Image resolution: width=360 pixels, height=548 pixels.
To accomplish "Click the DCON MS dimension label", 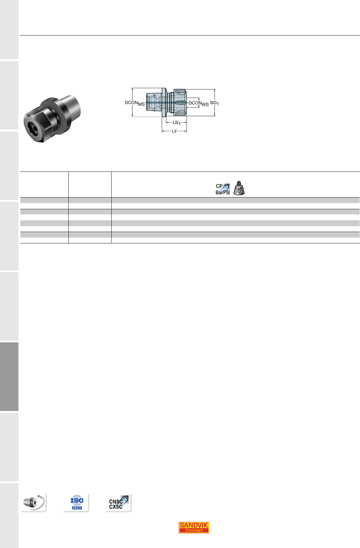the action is point(135,103).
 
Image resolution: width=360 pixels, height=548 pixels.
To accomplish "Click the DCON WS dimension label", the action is point(199,103).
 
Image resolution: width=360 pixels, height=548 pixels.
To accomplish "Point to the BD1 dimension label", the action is point(215,103).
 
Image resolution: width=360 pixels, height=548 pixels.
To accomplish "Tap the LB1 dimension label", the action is point(176,123).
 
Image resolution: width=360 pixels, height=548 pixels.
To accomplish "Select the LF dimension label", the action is point(174,131).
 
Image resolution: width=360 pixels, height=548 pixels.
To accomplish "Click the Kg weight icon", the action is point(239,188).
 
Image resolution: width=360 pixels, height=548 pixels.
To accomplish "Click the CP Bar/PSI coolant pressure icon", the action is point(222,189).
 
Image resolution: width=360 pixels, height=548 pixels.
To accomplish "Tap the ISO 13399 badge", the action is point(77,502).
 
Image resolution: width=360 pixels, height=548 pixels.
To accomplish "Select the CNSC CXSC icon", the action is point(119,503).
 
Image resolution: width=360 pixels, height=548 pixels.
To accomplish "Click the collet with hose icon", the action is point(34,502).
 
